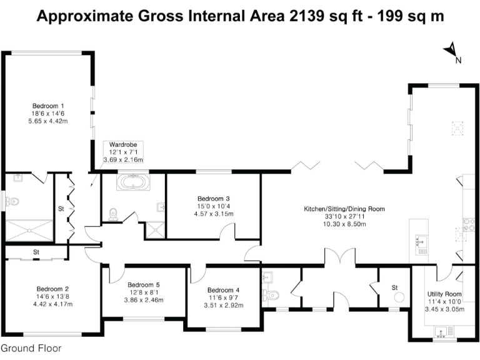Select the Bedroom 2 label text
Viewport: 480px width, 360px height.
point(53,289)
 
